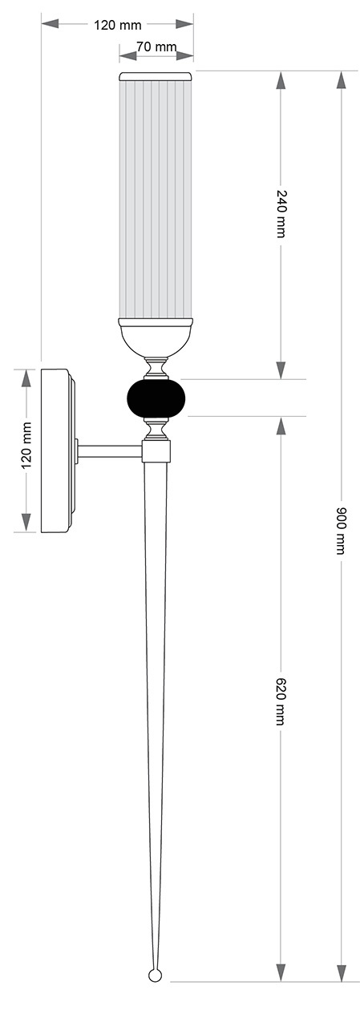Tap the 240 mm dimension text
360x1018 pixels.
pyautogui.click(x=281, y=212)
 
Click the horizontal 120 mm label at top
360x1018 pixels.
pyautogui.click(x=118, y=25)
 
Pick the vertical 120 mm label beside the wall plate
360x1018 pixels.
pyautogui.click(x=26, y=445)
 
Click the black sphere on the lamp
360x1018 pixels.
pyautogui.click(x=156, y=398)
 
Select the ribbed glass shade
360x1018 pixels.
pyautogui.click(x=156, y=199)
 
